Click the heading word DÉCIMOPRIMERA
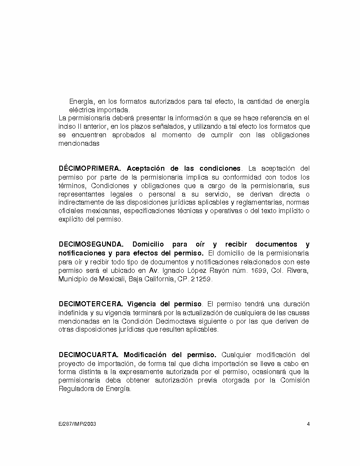(x=90, y=169)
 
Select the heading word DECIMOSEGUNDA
(x=91, y=244)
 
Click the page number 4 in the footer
(x=308, y=424)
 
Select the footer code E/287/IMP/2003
(x=77, y=424)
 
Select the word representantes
(x=79, y=194)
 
